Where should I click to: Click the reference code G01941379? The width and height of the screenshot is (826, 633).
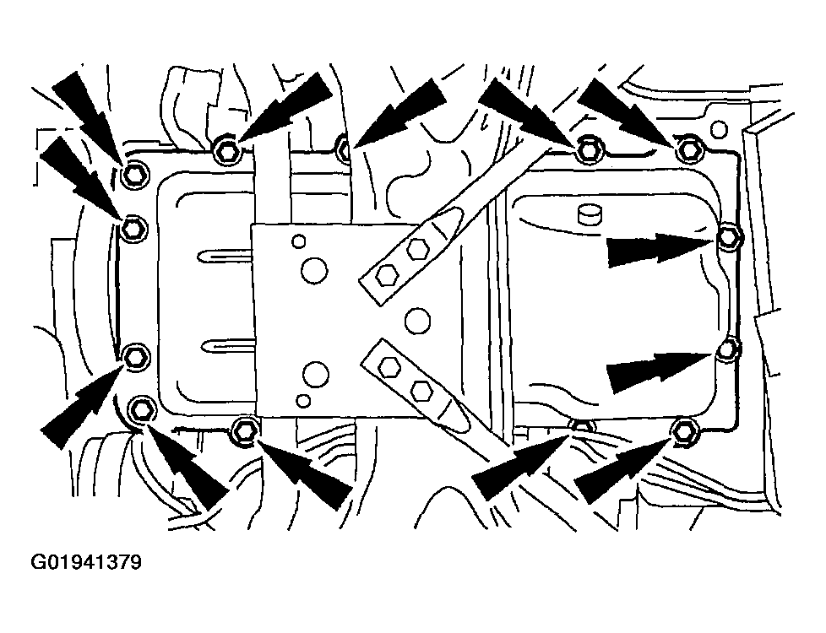tap(86, 562)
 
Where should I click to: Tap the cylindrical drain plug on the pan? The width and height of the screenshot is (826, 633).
tap(590, 214)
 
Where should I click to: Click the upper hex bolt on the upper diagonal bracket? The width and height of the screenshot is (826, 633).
tap(416, 249)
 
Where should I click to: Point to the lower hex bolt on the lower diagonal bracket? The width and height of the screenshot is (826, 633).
tap(421, 390)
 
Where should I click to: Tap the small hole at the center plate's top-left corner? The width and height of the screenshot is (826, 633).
tap(299, 241)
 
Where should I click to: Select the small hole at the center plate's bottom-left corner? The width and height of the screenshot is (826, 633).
tap(303, 400)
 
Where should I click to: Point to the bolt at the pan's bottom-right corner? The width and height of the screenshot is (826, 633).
tap(683, 430)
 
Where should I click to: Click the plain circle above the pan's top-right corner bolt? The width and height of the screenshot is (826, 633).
tap(719, 129)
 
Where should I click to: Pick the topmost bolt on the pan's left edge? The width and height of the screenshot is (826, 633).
tap(133, 175)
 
